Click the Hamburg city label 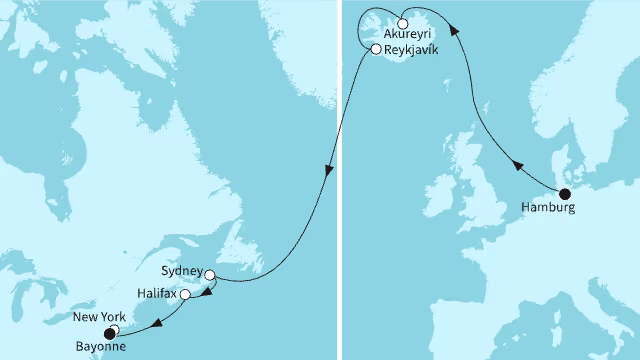click(548, 209)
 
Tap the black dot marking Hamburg click(564, 194)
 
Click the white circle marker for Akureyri click(402, 23)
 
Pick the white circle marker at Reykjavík click(374, 48)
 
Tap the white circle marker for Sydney click(210, 273)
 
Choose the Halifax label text click(158, 295)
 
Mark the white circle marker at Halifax click(185, 295)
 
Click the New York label click(96, 318)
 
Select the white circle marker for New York click(114, 330)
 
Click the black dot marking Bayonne click(109, 335)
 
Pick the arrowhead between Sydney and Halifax click(207, 291)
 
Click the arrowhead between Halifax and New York click(158, 322)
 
